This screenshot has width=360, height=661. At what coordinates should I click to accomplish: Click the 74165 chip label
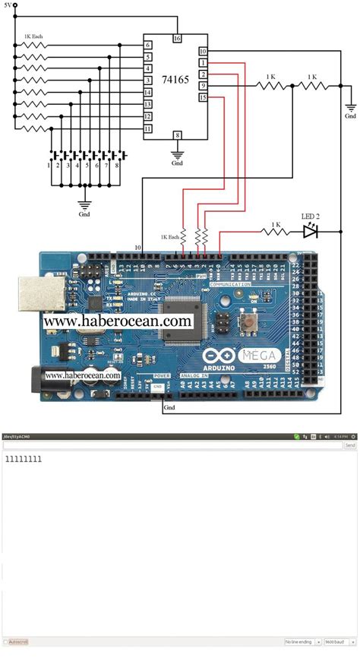click(x=176, y=79)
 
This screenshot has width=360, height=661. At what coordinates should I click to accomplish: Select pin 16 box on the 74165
click(x=177, y=38)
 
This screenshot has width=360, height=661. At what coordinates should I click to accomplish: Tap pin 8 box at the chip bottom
click(x=177, y=135)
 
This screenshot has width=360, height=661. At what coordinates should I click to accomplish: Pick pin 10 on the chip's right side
click(x=203, y=51)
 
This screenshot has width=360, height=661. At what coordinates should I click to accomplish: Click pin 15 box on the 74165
click(x=203, y=97)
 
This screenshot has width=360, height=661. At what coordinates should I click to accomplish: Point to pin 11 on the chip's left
click(x=148, y=129)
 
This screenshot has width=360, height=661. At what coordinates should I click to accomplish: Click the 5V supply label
click(x=8, y=5)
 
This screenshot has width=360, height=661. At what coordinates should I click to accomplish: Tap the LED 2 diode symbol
click(x=310, y=231)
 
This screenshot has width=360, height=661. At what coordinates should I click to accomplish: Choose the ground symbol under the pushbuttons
click(x=84, y=204)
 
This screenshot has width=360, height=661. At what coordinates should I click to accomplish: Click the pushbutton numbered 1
click(x=50, y=157)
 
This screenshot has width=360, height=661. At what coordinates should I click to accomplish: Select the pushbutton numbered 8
click(x=117, y=157)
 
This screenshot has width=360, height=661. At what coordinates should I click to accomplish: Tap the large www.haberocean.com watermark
click(x=117, y=321)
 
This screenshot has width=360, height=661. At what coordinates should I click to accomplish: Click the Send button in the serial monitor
click(x=350, y=445)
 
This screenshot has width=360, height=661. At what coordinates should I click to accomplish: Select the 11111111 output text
click(x=24, y=459)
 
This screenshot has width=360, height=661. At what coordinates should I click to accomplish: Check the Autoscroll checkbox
click(x=5, y=642)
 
